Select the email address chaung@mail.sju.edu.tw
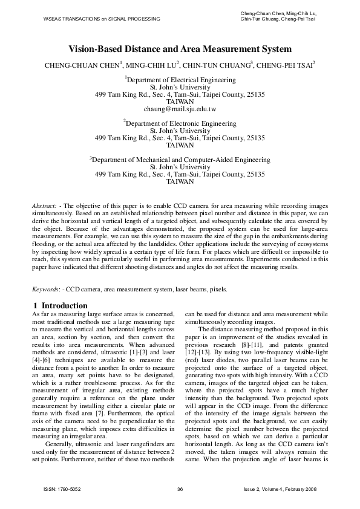tap(180, 110)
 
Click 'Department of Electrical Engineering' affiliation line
tap(180, 79)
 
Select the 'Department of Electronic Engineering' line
tap(180, 123)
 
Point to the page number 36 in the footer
tap(180, 488)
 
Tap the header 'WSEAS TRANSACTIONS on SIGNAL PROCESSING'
tap(102, 19)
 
